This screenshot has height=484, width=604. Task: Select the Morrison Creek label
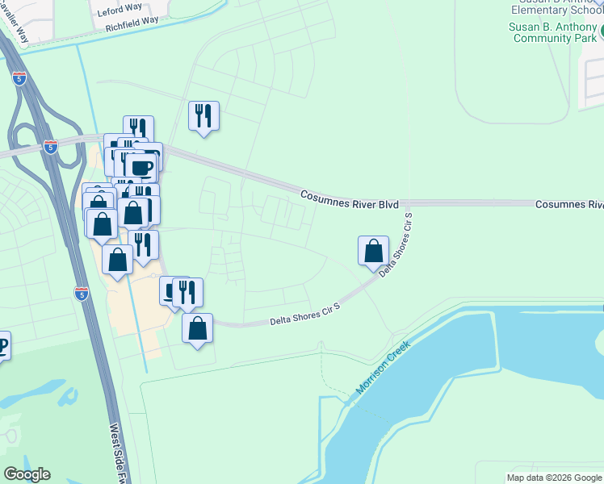tap(382, 368)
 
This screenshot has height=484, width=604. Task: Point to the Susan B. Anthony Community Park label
tap(552, 32)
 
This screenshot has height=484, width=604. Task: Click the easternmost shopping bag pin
tap(373, 250)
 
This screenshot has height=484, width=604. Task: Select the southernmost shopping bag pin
tap(197, 328)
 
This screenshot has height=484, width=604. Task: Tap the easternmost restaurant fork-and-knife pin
tap(203, 115)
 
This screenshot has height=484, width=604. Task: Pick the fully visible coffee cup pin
tap(141, 168)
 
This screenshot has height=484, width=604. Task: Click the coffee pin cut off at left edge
tap(2, 347)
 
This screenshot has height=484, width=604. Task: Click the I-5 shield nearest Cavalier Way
tap(19, 78)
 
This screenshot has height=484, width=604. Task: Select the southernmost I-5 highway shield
tap(81, 293)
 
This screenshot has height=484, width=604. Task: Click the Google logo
tap(27, 474)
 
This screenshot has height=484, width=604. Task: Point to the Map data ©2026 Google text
tap(553, 478)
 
